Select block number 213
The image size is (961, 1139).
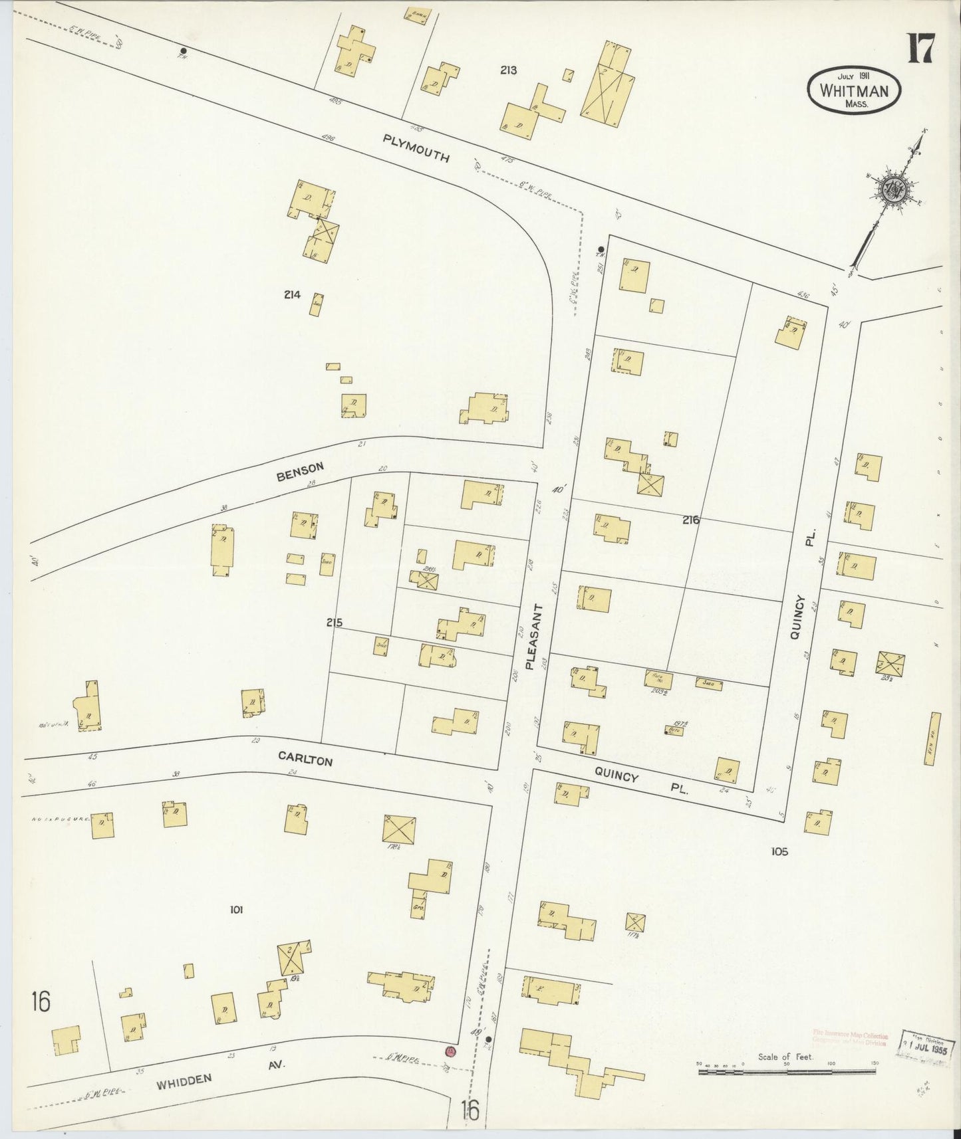coord(509,70)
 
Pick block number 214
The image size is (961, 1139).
coord(292,294)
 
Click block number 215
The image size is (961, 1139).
coord(334,623)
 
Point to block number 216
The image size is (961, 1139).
coord(690,520)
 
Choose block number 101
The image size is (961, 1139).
coord(235,910)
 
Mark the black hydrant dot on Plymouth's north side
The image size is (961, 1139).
coord(183,51)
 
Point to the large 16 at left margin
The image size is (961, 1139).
coord(41,1001)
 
